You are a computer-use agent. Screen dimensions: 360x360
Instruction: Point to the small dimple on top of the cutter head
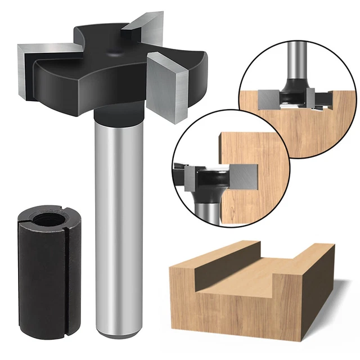pyautogui.click(x=116, y=52)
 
